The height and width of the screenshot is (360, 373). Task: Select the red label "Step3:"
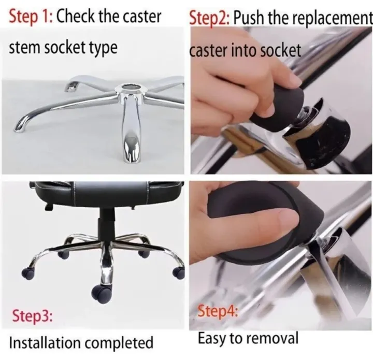(x=32, y=315)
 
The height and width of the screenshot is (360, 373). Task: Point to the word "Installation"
(x=45, y=342)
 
